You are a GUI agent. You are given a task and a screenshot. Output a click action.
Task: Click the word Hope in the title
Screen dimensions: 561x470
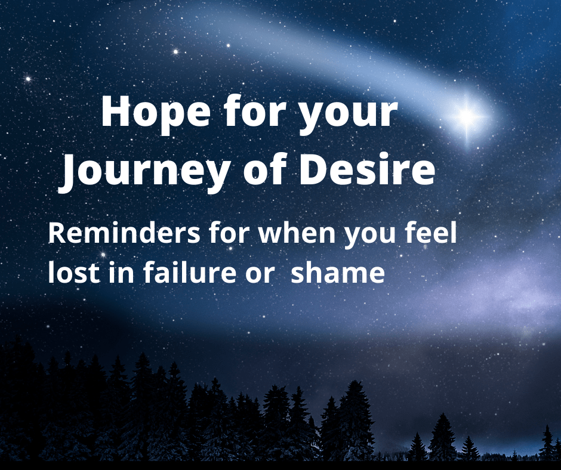[x=156, y=112]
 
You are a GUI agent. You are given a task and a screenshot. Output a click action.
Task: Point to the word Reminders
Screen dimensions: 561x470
[x=124, y=233]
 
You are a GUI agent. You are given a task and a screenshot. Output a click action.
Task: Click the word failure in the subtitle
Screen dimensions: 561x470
[x=190, y=272]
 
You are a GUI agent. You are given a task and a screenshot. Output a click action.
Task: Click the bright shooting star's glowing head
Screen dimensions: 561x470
[x=467, y=116]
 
